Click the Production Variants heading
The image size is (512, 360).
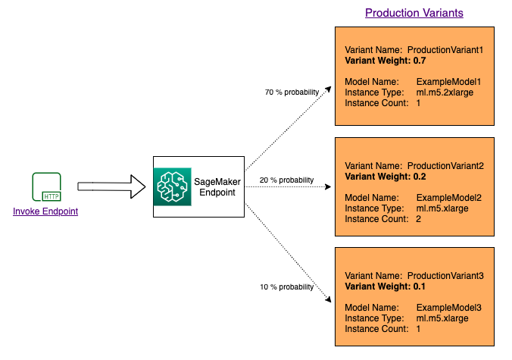414,13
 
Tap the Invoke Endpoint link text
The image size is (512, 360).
45,211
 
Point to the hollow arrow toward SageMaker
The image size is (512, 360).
111,186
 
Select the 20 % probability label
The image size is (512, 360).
286,180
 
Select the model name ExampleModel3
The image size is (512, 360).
449,308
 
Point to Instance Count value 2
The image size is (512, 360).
419,219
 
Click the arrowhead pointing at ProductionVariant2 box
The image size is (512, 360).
327,186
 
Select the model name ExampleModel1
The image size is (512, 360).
449,80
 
